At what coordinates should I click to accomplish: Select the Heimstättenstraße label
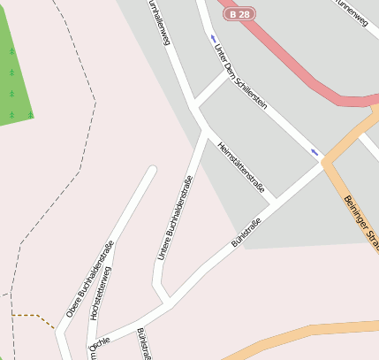(x=241, y=167)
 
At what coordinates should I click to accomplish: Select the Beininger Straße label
(x=360, y=221)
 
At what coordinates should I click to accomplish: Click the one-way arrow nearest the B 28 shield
(x=213, y=38)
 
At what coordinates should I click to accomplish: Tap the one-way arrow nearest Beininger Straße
(x=315, y=152)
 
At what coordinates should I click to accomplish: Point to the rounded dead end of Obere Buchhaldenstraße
(x=151, y=171)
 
